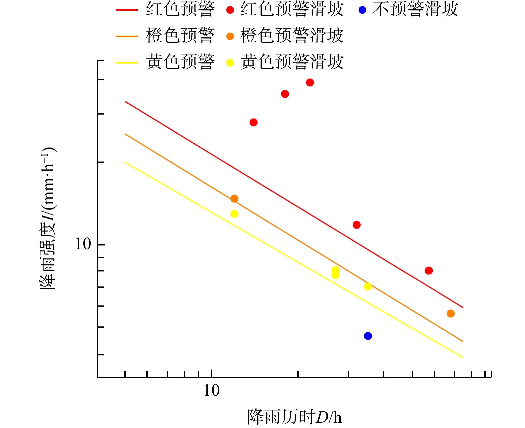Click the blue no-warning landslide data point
368,336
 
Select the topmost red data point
310,82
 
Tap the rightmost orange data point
450,313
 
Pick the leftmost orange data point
234,199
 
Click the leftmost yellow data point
234,214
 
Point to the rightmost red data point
429,270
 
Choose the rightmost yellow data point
368,286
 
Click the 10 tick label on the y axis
83,244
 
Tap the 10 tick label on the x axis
212,390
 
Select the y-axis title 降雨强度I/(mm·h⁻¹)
48,218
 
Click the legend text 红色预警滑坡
292,9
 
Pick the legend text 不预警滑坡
415,9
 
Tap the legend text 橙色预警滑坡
292,36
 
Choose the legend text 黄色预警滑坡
292,62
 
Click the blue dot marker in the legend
362,10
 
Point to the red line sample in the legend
127,10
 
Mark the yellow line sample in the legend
127,63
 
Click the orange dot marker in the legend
230,36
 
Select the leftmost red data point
253,122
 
